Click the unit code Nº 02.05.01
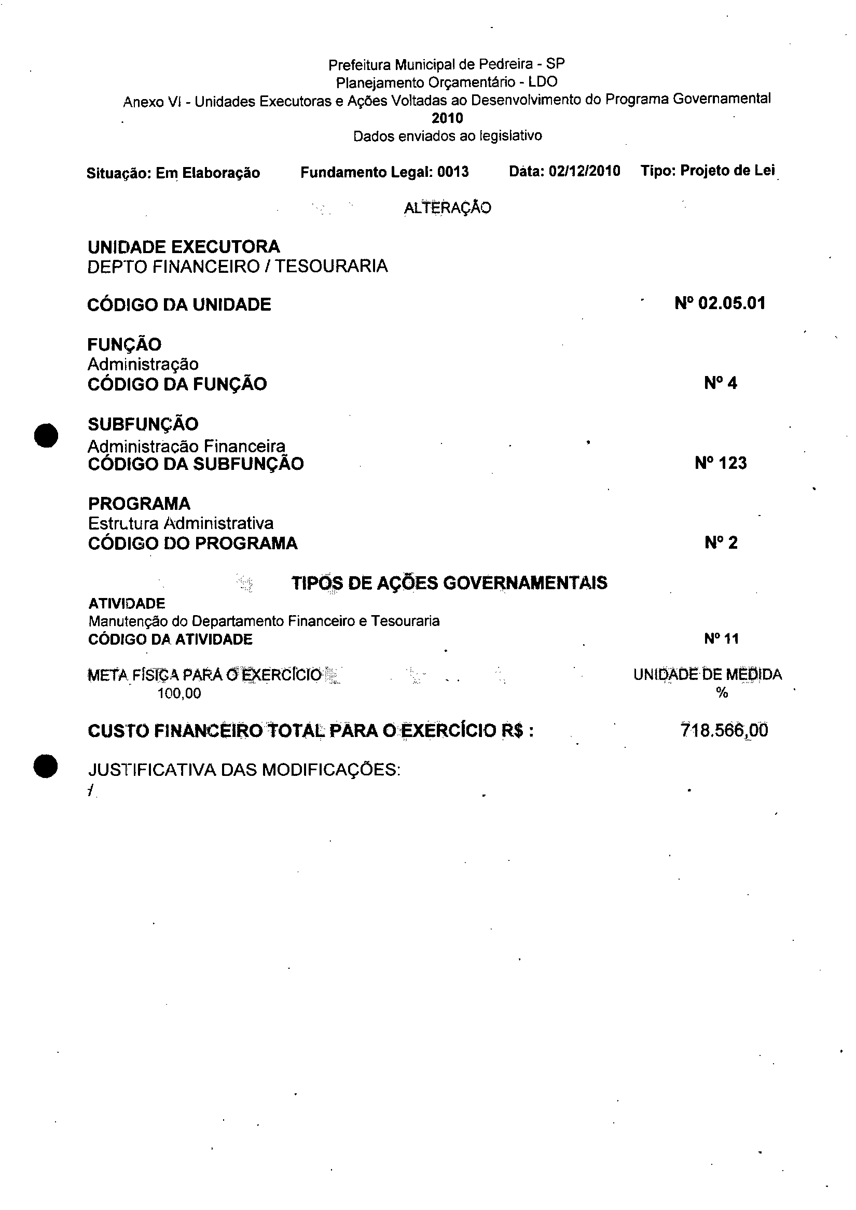point(720,303)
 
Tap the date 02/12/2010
point(584,171)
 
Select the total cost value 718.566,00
point(724,730)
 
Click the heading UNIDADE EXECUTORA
point(184,247)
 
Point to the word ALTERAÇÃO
point(448,208)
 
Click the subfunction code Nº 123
point(721,463)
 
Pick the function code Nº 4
point(721,383)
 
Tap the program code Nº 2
point(721,543)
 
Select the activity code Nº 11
point(722,639)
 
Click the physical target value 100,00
point(179,693)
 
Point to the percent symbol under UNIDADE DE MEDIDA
point(722,693)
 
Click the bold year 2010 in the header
point(447,118)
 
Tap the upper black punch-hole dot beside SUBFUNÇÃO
point(46,435)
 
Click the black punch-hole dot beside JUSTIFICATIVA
point(46,766)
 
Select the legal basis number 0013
point(453,172)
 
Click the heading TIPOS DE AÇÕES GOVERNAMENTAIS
point(449,583)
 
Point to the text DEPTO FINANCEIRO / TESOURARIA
point(237,267)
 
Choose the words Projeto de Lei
point(727,171)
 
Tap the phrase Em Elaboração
point(208,173)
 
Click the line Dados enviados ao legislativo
point(448,136)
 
